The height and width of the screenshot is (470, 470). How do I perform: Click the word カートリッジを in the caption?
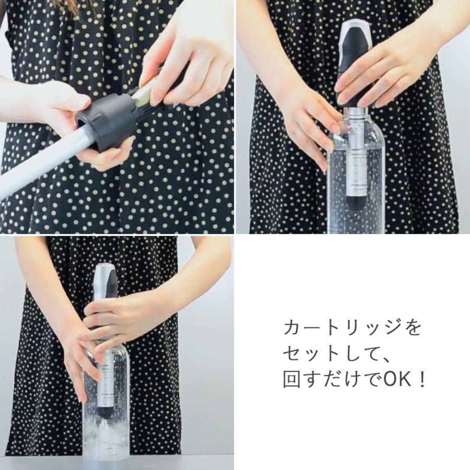(351, 329)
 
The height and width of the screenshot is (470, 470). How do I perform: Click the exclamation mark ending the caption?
(422, 380)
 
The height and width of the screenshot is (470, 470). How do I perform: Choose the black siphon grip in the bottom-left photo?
(108, 303)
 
